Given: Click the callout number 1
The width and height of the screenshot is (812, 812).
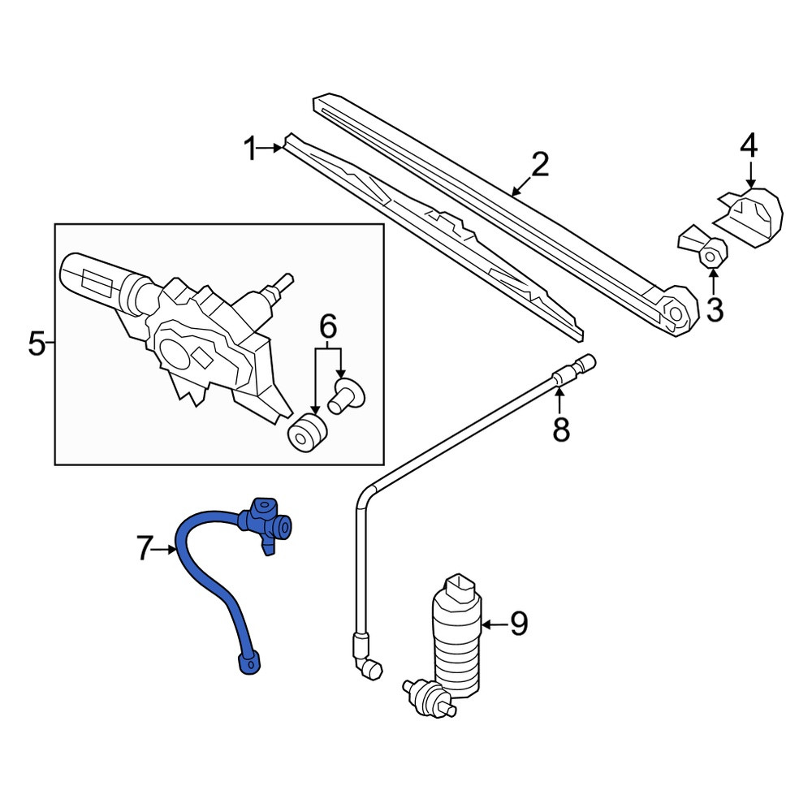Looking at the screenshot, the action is click(x=251, y=149).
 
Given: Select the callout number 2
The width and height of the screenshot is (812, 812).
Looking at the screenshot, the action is click(x=540, y=164).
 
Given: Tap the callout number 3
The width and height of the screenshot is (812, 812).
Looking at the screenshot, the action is click(x=715, y=310).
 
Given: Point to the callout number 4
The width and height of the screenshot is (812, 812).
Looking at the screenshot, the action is click(x=749, y=145).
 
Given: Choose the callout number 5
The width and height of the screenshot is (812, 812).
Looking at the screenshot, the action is click(x=37, y=343).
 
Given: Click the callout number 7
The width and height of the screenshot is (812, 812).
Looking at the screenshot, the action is click(x=145, y=548).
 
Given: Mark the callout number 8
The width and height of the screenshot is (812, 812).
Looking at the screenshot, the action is click(x=561, y=430).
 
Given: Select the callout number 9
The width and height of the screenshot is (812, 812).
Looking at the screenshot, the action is click(x=518, y=624).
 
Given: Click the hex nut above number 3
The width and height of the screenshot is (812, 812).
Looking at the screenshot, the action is click(x=711, y=255).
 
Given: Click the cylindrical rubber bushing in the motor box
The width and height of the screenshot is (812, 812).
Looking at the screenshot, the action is click(x=308, y=432).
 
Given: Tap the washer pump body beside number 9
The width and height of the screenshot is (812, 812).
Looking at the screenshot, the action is click(x=456, y=634).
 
